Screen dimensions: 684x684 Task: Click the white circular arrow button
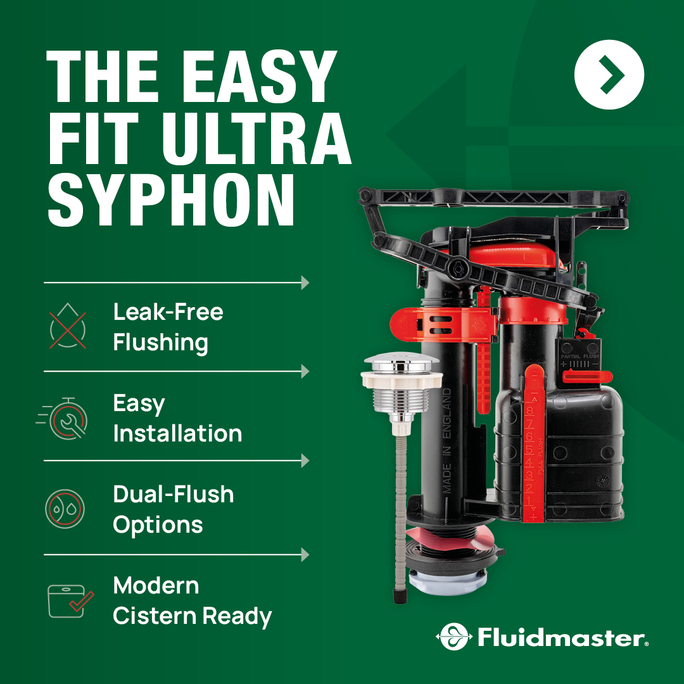(609, 75)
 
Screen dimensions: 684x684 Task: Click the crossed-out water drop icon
(68, 327)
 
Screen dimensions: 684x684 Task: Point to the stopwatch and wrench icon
(66, 418)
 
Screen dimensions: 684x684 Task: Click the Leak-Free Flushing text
(168, 327)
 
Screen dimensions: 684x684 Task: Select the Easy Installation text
(177, 418)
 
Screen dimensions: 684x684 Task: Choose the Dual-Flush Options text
(173, 509)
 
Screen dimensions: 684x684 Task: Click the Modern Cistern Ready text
(192, 600)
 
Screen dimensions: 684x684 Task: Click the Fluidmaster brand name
(560, 637)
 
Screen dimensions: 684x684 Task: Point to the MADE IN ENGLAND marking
(447, 440)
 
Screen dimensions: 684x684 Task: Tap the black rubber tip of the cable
(399, 595)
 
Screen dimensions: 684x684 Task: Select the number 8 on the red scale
(529, 410)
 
